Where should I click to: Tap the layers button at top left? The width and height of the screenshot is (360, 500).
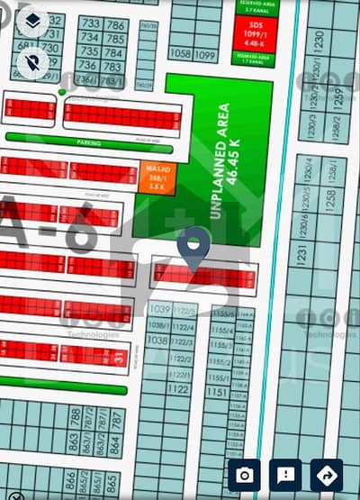click(32, 20)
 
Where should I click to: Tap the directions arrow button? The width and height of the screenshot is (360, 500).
click(326, 475)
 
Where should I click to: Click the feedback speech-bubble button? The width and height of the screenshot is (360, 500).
click(285, 475)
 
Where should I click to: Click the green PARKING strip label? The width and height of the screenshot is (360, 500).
click(89, 142)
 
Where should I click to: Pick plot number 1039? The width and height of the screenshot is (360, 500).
click(157, 309)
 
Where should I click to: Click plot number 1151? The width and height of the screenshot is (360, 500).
click(216, 393)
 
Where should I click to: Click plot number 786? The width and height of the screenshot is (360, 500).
click(115, 24)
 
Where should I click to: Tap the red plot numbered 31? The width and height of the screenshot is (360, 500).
click(120, 359)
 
